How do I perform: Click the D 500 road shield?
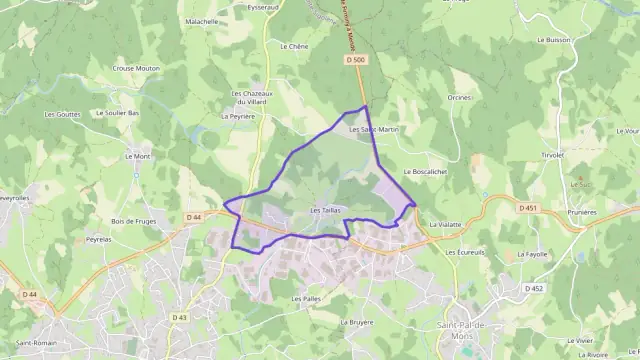353,60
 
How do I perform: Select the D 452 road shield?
534,288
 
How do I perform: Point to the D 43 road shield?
179,317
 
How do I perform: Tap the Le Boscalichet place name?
425,172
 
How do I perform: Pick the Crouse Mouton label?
136,68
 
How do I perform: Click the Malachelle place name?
202,21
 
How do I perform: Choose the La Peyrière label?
237,116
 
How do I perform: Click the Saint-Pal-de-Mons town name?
461,332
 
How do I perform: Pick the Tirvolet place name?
553,155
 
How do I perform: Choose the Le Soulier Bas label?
118,113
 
